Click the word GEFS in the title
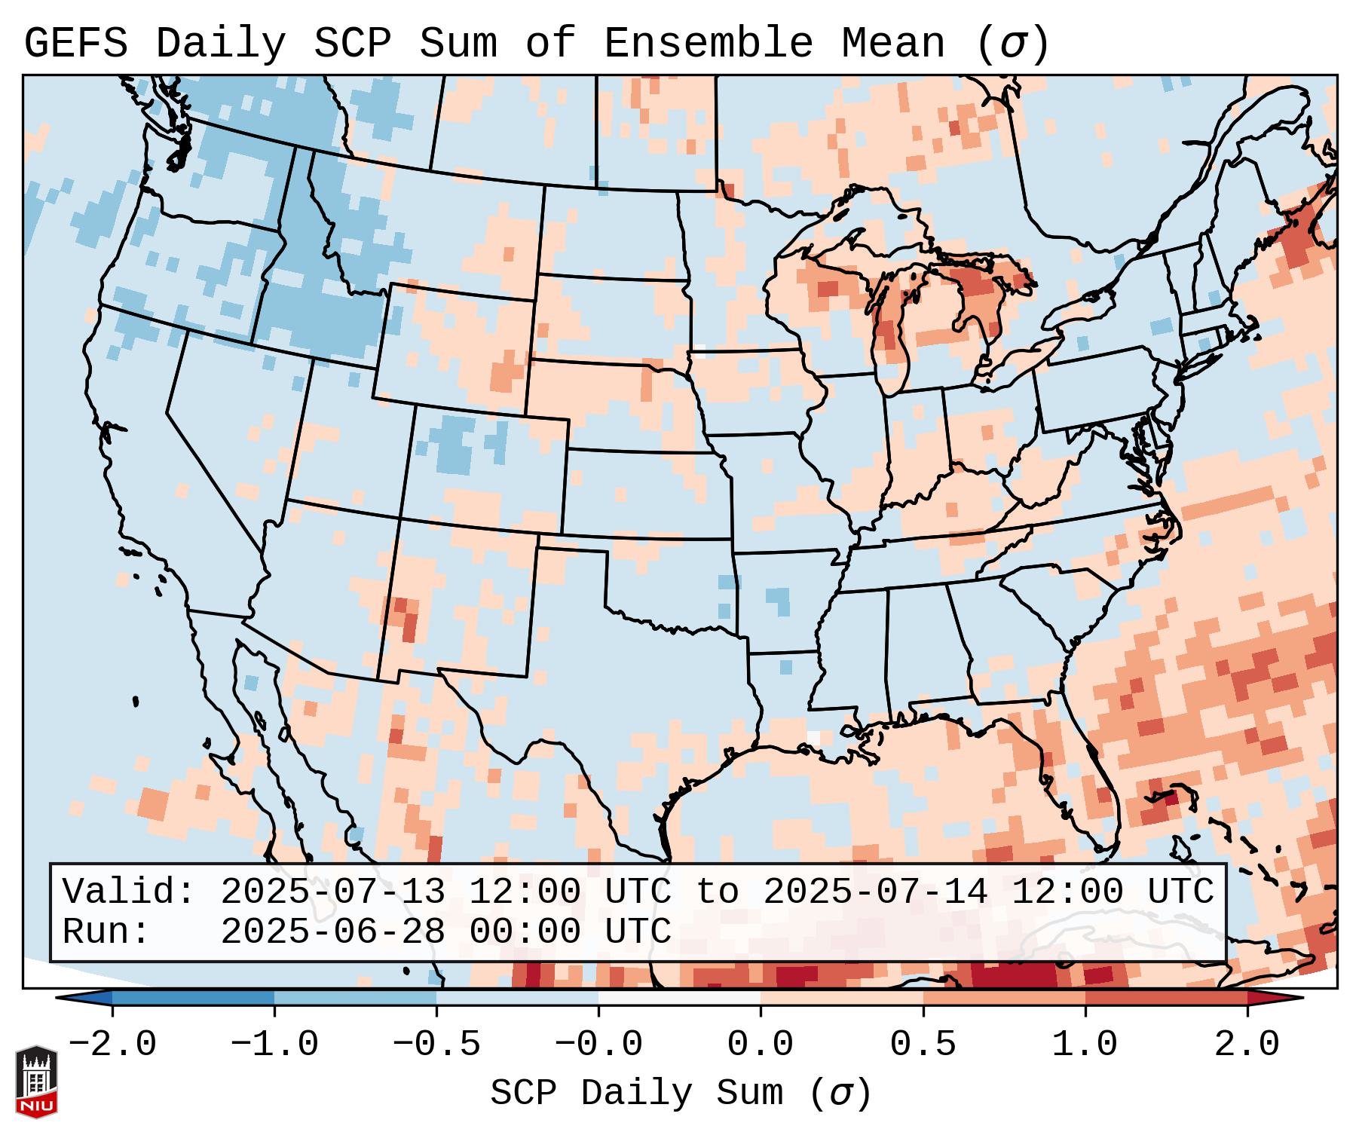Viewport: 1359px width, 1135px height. pyautogui.click(x=75, y=44)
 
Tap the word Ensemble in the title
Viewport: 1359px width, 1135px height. pyautogui.click(x=708, y=44)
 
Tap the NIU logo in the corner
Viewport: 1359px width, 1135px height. pyautogui.click(x=36, y=1081)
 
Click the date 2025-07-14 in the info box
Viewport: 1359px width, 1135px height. pyautogui.click(x=875, y=892)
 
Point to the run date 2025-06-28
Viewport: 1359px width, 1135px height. pyautogui.click(x=332, y=932)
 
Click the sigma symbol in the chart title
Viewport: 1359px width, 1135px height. pyautogui.click(x=1012, y=44)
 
